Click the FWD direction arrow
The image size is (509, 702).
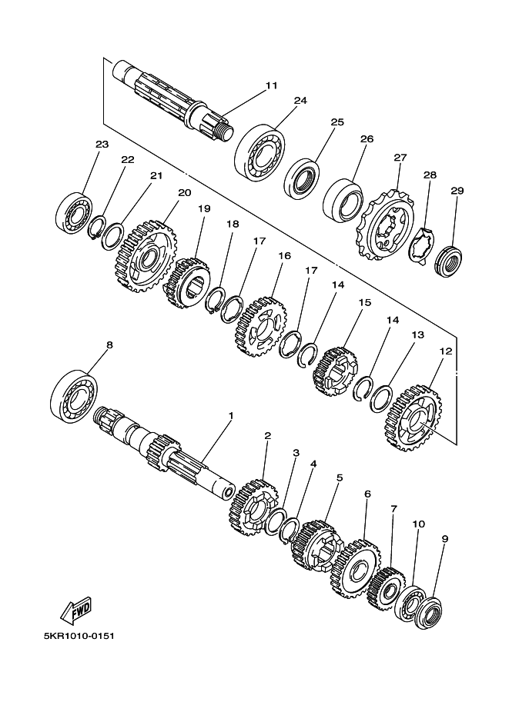[x=76, y=611]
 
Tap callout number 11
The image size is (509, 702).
[x=271, y=85]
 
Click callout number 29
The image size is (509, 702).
[x=457, y=190]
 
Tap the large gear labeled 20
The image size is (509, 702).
[x=147, y=256]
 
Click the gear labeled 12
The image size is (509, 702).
[x=413, y=418]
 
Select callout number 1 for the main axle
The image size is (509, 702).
[x=231, y=415]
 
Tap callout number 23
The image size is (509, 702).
[x=102, y=144]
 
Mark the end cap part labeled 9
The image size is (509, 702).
[x=430, y=611]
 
